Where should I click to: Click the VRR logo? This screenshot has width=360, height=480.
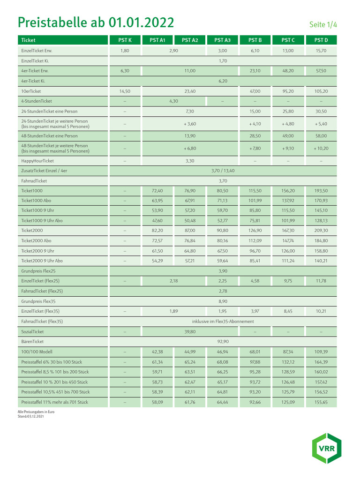pos(327,448)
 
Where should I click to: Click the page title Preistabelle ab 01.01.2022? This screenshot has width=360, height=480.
pos(96,22)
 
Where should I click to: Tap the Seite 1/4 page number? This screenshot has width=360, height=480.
pos(323,24)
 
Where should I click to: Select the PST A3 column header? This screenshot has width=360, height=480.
pos(223,40)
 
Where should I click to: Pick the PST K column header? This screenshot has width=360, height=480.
pos(125,40)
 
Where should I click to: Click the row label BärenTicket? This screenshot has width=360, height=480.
pos(32,341)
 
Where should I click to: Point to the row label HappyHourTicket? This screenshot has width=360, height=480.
pos(37,161)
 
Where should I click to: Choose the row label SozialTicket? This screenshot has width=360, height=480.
pos(32,331)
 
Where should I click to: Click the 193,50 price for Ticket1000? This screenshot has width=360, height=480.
pos(321,191)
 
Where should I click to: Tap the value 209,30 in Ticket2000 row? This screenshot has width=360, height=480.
pos(321,231)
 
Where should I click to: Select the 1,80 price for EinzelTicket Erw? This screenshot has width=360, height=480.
pos(125,51)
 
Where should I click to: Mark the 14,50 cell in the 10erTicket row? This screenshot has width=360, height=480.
pos(125,91)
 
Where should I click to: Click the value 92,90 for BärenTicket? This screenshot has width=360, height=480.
pos(223,341)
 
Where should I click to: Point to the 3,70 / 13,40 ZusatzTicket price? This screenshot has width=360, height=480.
pos(223,171)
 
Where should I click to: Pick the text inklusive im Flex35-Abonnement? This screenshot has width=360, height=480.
pos(223,322)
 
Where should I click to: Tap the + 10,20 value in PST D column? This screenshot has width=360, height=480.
pos(321,149)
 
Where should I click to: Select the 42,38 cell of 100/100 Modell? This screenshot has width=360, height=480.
pos(157,352)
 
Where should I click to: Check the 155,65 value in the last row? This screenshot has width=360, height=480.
pos(321,402)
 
